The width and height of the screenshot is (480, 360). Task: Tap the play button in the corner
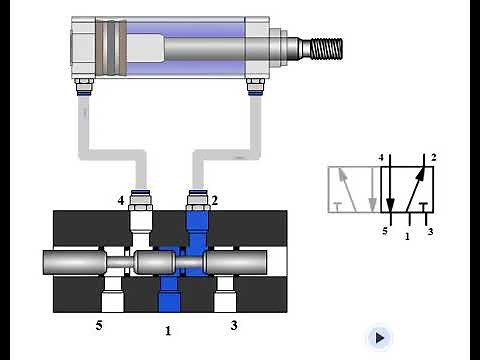pyautogui.click(x=379, y=338)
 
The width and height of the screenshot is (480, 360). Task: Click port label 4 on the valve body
pyautogui.click(x=120, y=201)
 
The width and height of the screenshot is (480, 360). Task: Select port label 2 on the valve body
pyautogui.click(x=214, y=200)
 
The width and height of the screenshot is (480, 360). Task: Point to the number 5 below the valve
pyautogui.click(x=98, y=325)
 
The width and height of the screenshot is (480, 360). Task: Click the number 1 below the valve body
pyautogui.click(x=167, y=329)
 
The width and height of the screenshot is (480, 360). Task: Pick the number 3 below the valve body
pyautogui.click(x=233, y=325)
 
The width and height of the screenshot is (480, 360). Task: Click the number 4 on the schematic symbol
pyautogui.click(x=381, y=158)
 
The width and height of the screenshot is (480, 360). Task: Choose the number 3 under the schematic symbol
pyautogui.click(x=430, y=232)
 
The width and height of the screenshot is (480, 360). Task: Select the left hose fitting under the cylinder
pyautogui.click(x=81, y=90)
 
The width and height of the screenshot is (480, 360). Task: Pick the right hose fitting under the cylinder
pyautogui.click(x=256, y=90)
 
